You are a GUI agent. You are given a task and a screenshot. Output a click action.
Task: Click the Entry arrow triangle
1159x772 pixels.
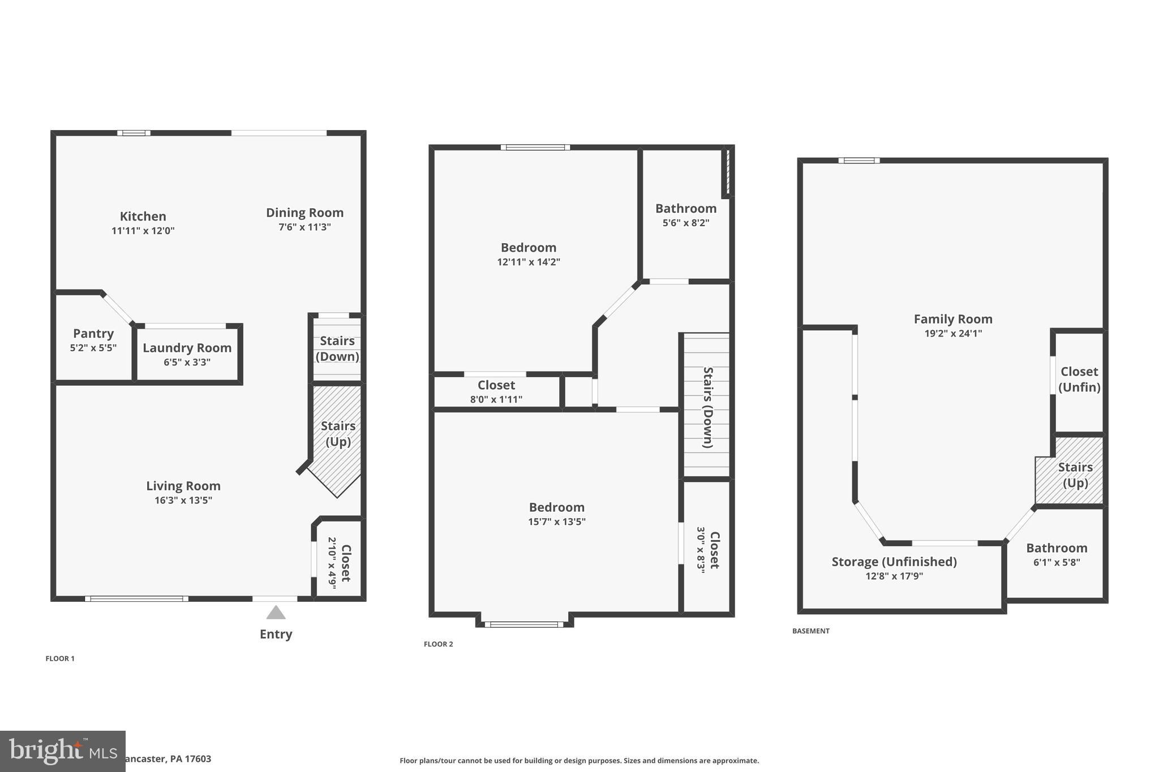tap(276, 613)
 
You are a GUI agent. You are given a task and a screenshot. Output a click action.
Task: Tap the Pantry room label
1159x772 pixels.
tap(93, 334)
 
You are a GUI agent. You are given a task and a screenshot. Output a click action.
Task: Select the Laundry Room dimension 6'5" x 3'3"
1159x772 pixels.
tap(187, 362)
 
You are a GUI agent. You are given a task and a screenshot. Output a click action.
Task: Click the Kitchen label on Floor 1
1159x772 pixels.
tap(143, 217)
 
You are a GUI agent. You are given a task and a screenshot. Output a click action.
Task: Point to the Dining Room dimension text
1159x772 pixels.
tap(304, 227)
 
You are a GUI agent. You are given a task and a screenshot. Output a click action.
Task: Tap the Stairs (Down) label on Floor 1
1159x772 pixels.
tap(337, 348)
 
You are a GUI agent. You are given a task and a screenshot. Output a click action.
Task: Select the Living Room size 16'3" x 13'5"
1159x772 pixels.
tap(183, 501)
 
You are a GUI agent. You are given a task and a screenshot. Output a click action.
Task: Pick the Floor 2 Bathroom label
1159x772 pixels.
tap(686, 209)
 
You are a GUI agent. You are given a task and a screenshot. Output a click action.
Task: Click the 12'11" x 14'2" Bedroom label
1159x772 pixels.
tap(529, 248)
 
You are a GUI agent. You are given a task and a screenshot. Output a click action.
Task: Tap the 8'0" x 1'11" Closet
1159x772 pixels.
tap(496, 391)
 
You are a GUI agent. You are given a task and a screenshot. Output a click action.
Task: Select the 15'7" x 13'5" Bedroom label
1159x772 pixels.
tap(557, 507)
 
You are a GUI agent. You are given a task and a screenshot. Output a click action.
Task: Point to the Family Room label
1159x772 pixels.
tap(953, 319)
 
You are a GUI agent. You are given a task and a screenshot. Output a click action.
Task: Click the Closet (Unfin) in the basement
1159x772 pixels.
tap(1079, 379)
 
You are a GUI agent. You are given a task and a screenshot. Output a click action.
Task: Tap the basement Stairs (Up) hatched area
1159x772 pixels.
tap(1075, 475)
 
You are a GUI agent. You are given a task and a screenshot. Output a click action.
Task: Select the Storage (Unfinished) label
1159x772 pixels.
tap(894, 562)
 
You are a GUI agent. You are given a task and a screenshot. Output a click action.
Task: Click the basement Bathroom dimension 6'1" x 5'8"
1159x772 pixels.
tap(1057, 563)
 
